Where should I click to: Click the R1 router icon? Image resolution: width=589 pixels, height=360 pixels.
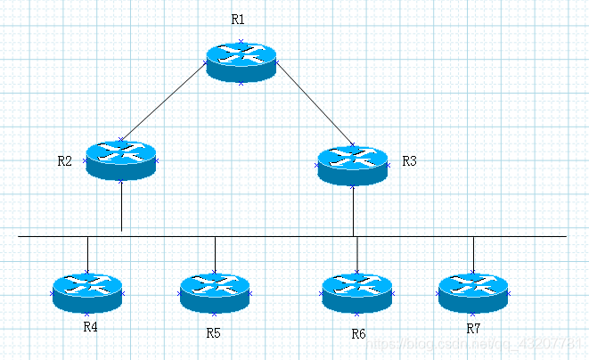241,61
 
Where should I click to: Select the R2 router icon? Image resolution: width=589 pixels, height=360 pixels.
121,160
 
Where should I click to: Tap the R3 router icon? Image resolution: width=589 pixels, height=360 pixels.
353,165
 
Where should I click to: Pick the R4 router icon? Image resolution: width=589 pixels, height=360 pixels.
87,292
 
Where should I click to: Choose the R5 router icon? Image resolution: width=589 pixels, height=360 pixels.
215,292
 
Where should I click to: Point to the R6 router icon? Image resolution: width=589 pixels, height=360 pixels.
356,292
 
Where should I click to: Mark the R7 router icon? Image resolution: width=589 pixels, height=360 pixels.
473,292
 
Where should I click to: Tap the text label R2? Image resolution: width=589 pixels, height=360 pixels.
64,161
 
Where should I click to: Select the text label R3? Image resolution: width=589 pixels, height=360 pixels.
409,161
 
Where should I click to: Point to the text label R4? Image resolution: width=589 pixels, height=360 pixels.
90,326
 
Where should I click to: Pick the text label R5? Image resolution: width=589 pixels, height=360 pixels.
213,332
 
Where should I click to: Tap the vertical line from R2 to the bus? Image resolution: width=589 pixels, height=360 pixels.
121,207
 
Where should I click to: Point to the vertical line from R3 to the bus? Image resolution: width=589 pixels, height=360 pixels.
354,211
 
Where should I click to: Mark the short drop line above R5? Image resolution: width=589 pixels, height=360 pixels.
215,253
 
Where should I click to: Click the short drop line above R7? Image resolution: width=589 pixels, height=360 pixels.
473,253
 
